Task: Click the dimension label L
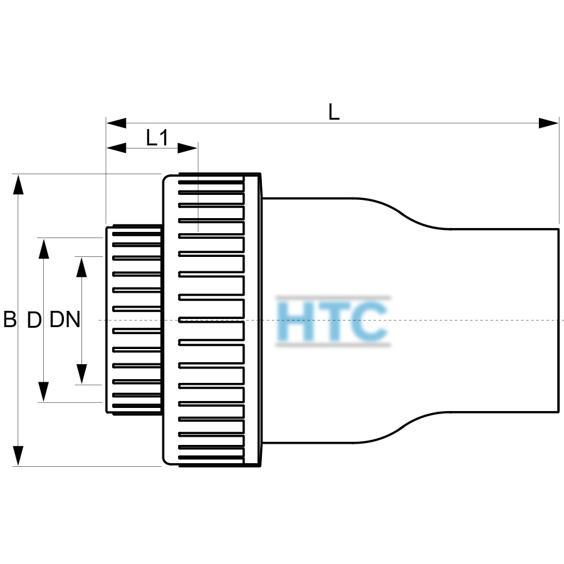tap(334, 112)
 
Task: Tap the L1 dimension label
tap(157, 137)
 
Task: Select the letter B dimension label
tap(9, 319)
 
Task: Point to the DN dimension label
tap(65, 319)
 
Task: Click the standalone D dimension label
tap(34, 320)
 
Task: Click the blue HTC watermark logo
tap(333, 321)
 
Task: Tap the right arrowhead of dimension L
tap(548, 123)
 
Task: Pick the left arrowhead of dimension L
tap(116, 123)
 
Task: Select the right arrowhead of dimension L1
tap(187, 148)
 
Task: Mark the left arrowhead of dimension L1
tap(116, 148)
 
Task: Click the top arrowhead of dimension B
tap(18, 184)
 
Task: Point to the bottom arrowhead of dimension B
tap(18, 456)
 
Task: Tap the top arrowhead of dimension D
tap(43, 249)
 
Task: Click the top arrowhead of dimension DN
tap(81, 267)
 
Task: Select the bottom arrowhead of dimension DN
tap(81, 374)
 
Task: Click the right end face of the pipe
tap(558, 320)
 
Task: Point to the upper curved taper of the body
tap(402, 214)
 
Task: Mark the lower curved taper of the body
tap(402, 427)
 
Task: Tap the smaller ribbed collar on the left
tap(134, 320)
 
